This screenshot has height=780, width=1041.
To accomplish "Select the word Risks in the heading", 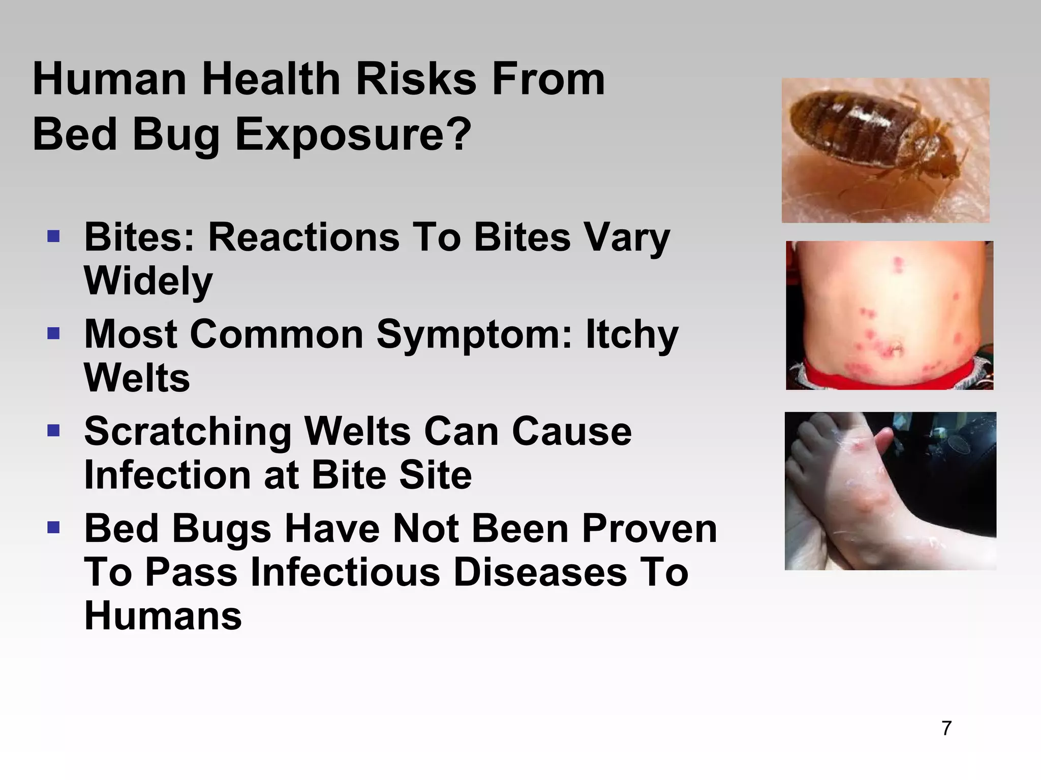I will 416,79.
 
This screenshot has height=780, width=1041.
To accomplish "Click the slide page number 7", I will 946,728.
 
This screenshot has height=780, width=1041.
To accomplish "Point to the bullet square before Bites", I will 53,236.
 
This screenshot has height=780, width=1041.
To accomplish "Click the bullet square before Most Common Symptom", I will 53,334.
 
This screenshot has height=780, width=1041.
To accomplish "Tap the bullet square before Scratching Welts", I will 53,431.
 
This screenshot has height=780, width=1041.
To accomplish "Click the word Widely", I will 148,281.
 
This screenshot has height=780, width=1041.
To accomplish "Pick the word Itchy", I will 632,335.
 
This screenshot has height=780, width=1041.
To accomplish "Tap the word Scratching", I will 188,432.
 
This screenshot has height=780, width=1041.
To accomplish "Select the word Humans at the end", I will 163,616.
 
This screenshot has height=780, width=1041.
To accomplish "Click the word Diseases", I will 540,572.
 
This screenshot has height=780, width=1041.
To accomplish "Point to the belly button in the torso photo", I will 893,348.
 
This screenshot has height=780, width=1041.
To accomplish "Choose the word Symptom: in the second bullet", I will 475,335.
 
